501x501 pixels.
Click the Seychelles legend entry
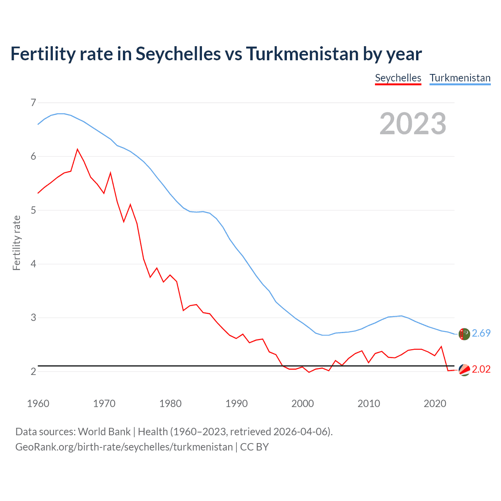(398, 78)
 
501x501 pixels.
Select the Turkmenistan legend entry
(460, 78)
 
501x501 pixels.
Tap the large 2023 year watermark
(413, 124)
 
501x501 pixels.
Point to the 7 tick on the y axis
(33, 103)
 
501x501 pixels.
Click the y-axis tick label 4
(33, 264)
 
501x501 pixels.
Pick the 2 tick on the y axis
(33, 371)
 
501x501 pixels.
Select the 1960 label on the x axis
(38, 404)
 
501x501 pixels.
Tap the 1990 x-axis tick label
(236, 404)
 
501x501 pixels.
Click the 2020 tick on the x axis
(435, 404)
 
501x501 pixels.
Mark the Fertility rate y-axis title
(16, 243)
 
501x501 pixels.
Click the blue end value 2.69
(481, 333)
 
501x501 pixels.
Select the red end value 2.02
(481, 369)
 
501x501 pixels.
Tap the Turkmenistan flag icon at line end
(464, 334)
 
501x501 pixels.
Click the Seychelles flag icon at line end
(464, 370)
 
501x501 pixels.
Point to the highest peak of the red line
(77, 149)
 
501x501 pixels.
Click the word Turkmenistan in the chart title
(302, 54)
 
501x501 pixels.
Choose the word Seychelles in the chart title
(178, 54)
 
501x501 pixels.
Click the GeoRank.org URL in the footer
(124, 447)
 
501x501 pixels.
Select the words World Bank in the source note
(104, 432)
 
